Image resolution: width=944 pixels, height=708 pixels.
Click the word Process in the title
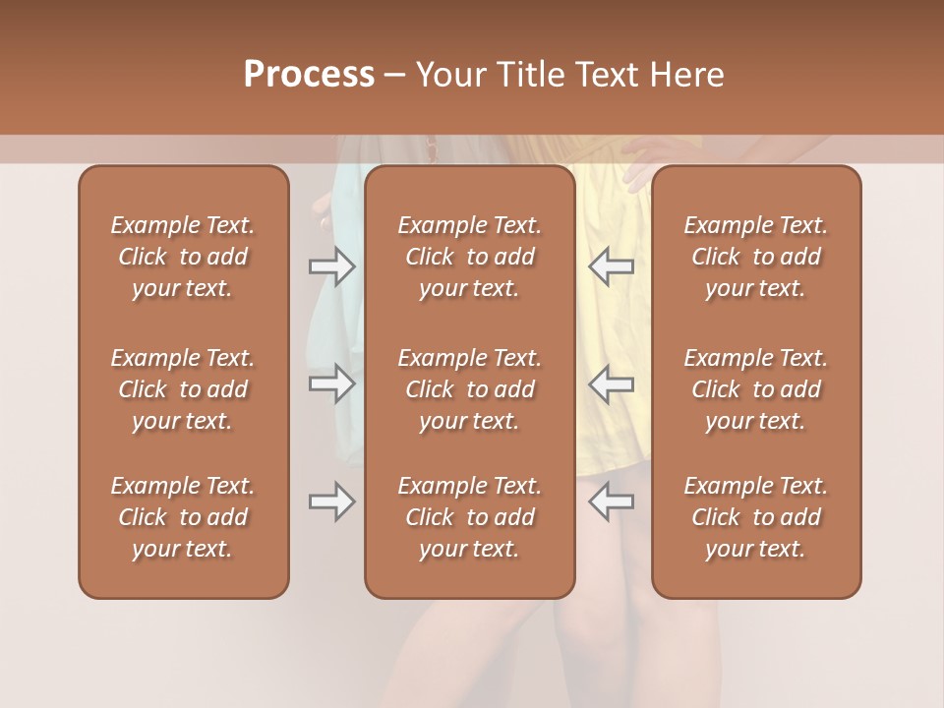(x=309, y=75)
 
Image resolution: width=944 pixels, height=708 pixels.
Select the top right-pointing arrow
(x=331, y=265)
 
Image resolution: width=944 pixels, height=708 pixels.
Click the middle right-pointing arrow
(x=331, y=383)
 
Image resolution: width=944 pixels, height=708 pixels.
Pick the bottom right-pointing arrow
(x=331, y=501)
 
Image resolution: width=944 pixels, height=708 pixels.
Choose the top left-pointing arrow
(x=611, y=265)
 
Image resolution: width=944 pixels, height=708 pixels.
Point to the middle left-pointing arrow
(x=611, y=383)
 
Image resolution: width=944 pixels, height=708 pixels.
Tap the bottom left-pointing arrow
(x=611, y=501)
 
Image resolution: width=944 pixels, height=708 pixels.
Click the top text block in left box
(x=183, y=257)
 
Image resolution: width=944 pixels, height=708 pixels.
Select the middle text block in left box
(x=183, y=389)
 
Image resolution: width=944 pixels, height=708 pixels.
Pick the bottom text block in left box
(x=183, y=517)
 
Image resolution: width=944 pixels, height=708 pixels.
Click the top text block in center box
(x=469, y=257)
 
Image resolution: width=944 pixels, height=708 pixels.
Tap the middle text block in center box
(x=469, y=389)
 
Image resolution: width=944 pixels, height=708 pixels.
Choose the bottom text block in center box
(x=469, y=517)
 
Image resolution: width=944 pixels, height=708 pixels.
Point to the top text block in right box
(x=755, y=257)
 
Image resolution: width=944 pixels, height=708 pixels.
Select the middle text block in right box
(x=755, y=389)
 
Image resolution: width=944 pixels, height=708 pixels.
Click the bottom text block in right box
(x=755, y=517)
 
